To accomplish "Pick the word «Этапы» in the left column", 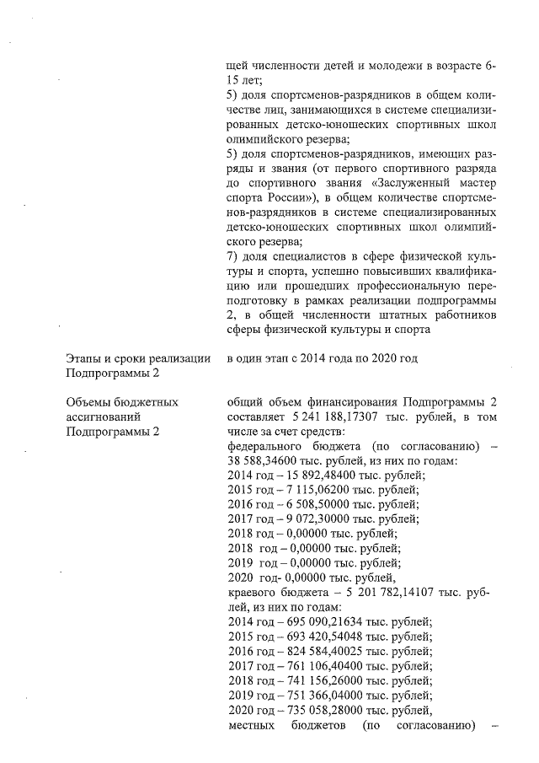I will (86, 359).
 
